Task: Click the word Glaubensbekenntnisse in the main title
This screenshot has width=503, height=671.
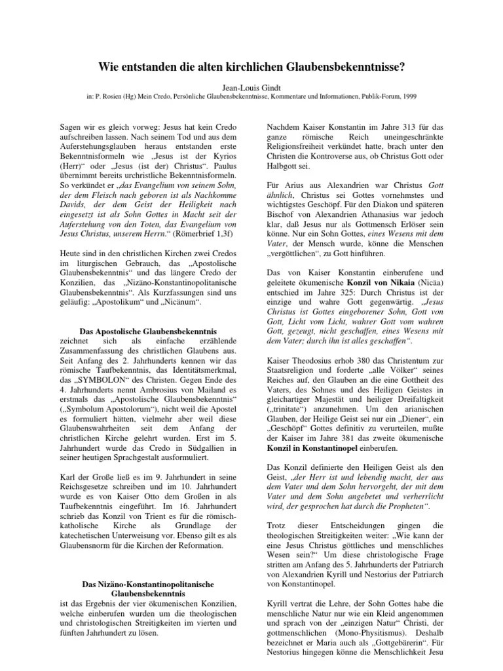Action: [344, 67]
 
